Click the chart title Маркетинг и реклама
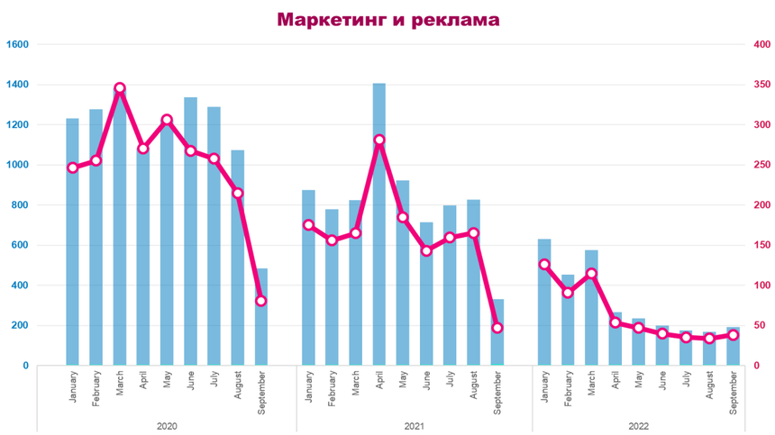coord(387,19)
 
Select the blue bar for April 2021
coord(379,225)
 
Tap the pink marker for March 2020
coord(120,88)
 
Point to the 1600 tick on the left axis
coord(19,44)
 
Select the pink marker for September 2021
coord(497,327)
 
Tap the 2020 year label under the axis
coord(167,427)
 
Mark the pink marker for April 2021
coord(379,140)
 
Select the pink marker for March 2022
coord(592,273)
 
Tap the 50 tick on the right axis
coord(760,325)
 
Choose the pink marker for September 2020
coord(261,301)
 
